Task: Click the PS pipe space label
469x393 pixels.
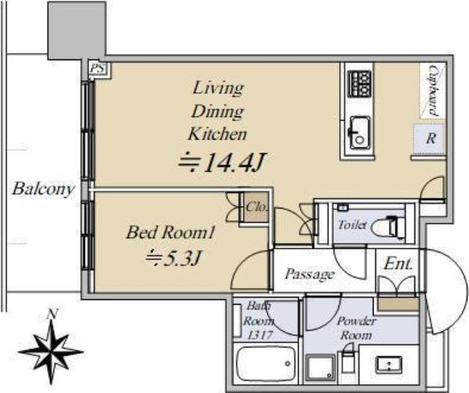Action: point(98,69)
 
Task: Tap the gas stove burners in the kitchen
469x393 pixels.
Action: point(360,84)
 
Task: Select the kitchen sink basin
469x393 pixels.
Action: point(360,132)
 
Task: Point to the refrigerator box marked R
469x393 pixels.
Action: point(430,138)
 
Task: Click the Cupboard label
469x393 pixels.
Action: point(433,91)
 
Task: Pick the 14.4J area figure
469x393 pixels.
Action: point(222,163)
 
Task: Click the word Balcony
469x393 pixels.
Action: point(43,189)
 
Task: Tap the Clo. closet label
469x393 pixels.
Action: point(256,207)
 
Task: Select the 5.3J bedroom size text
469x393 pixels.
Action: point(173,257)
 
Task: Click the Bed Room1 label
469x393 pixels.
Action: point(170,232)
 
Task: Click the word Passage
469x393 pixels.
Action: point(310,274)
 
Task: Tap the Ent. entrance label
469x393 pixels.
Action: point(398,263)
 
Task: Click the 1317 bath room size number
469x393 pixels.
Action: point(259,334)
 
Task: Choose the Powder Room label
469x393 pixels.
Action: point(356,328)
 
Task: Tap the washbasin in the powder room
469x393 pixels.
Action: point(388,364)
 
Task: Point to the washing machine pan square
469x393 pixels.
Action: point(320,369)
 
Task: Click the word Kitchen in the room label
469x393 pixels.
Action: point(217,134)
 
